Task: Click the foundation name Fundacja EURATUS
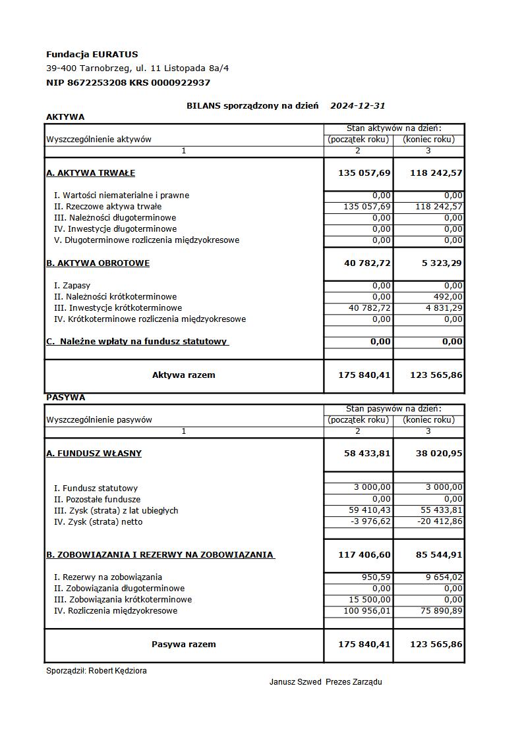pyautogui.click(x=92, y=54)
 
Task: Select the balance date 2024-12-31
pyautogui.click(x=357, y=105)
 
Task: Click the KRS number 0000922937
pyautogui.click(x=181, y=82)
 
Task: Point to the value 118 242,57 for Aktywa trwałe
pyautogui.click(x=436, y=173)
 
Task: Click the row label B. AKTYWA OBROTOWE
pyautogui.click(x=98, y=263)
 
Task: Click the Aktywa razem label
pyautogui.click(x=183, y=375)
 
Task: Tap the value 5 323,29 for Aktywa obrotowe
pyautogui.click(x=441, y=263)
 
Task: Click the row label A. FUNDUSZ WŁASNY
pyautogui.click(x=94, y=454)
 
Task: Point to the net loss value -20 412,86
pyautogui.click(x=440, y=522)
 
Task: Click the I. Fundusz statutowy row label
pyautogui.click(x=96, y=489)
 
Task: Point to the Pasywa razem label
pyautogui.click(x=183, y=645)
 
